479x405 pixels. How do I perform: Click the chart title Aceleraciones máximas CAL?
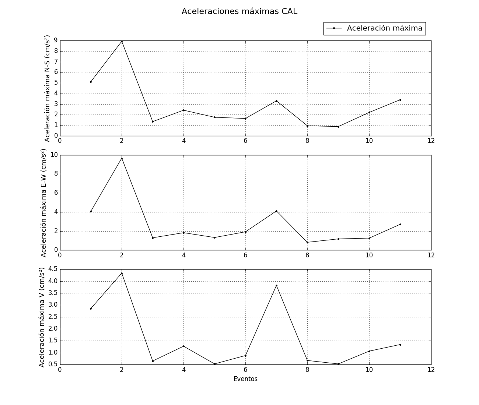click(x=239, y=11)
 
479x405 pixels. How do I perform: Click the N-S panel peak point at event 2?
click(x=122, y=41)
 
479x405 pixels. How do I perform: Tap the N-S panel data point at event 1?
click(x=91, y=82)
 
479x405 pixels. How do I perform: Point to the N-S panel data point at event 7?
click(x=276, y=101)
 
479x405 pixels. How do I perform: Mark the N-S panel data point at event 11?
click(x=400, y=100)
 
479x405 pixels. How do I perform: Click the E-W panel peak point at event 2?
click(x=122, y=158)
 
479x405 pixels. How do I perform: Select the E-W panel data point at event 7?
click(x=276, y=211)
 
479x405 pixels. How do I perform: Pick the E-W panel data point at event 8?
click(x=307, y=242)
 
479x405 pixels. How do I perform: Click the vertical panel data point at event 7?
click(x=276, y=285)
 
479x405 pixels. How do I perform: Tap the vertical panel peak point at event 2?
click(x=122, y=273)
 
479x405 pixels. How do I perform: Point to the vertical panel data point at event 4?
click(x=183, y=346)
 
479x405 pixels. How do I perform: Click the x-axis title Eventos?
click(x=245, y=379)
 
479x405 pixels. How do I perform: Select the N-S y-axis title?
click(x=47, y=88)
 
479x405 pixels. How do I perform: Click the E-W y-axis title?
click(x=43, y=202)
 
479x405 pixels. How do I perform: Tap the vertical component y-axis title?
click(x=42, y=317)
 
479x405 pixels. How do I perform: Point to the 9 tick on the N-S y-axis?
click(x=56, y=40)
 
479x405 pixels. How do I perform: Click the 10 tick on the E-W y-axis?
click(x=54, y=155)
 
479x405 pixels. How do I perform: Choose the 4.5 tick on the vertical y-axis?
click(x=53, y=269)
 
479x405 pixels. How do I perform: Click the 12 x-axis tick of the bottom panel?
click(x=431, y=370)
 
